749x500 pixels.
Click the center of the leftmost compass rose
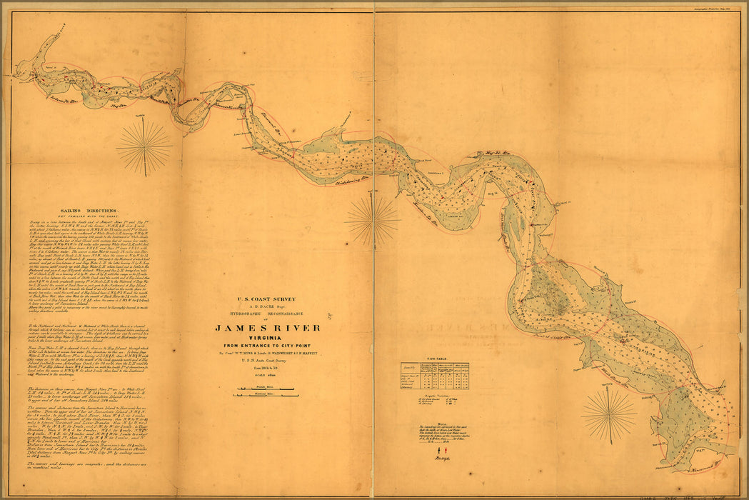click(x=144, y=147)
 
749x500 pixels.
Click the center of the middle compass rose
click(x=372, y=219)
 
